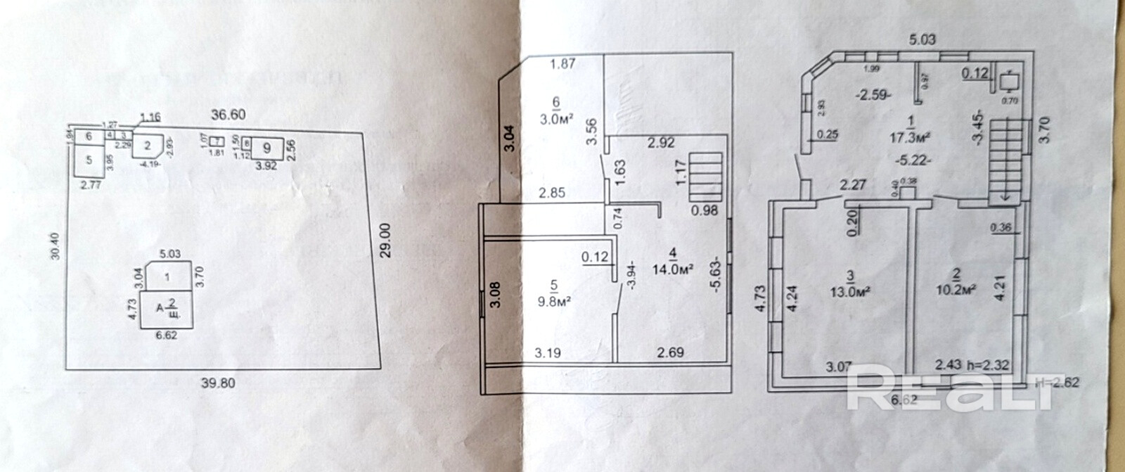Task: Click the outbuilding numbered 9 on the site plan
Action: point(267,148)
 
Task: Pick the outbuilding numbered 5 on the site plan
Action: point(89,160)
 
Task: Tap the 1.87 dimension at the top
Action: point(562,65)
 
